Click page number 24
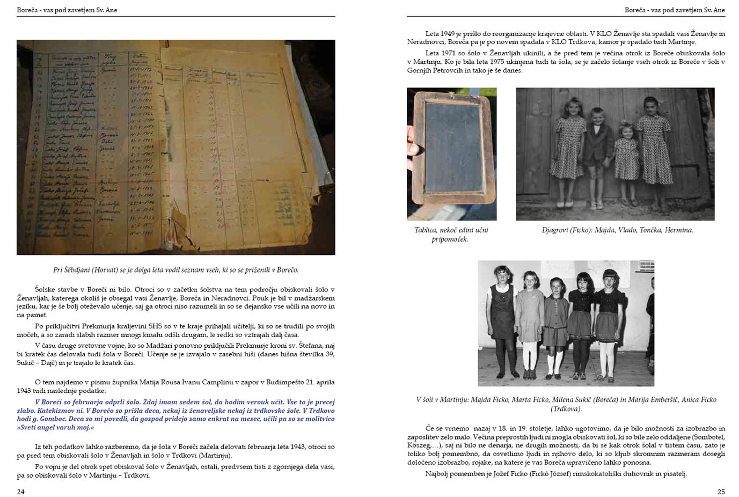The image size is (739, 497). (20, 492)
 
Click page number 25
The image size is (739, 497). (721, 492)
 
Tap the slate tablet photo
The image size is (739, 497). (452, 154)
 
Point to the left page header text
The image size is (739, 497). (67, 10)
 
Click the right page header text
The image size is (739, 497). (675, 10)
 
